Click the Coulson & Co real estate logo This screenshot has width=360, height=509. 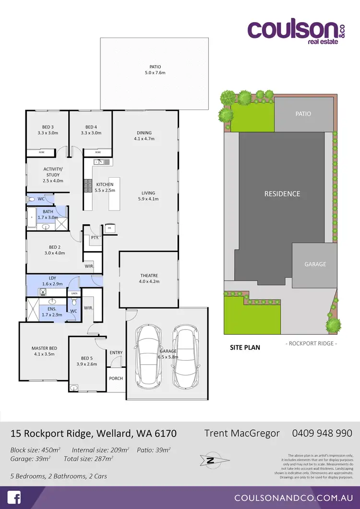click(296, 32)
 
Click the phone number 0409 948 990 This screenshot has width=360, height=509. click(322, 433)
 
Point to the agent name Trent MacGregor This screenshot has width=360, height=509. click(242, 433)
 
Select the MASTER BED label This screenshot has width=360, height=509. click(44, 348)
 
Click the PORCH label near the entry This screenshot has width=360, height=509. click(116, 378)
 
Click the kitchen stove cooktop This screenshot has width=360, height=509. click(88, 186)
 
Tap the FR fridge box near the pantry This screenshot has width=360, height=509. click(109, 228)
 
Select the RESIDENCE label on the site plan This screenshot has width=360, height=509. click(282, 194)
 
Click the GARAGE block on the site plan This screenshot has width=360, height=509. click(315, 264)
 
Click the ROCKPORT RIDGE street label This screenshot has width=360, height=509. click(311, 343)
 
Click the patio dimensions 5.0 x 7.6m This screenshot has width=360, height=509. click(155, 73)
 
